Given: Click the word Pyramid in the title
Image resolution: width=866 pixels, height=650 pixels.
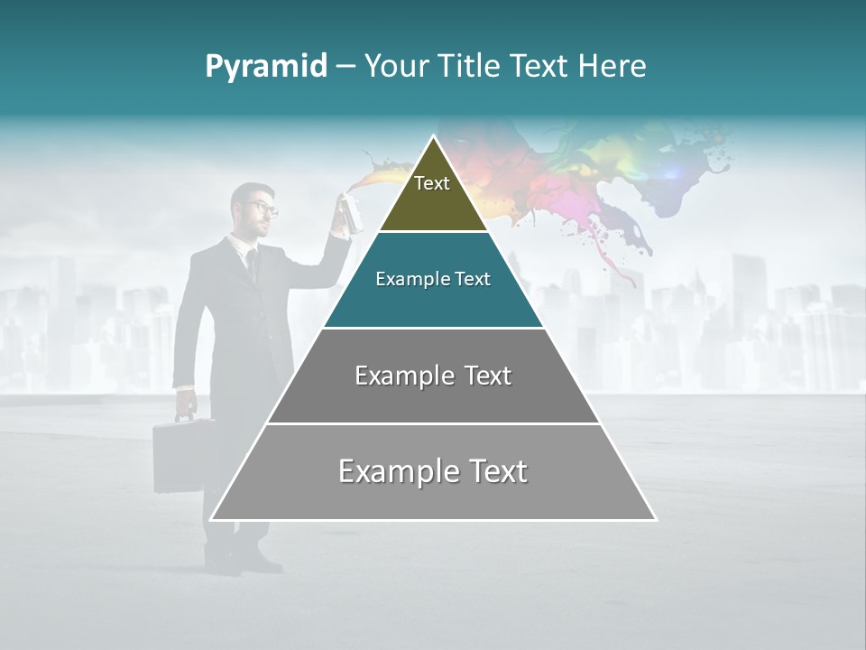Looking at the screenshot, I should click(265, 67).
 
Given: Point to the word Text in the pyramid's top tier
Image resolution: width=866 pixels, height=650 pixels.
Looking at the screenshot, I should click(432, 183).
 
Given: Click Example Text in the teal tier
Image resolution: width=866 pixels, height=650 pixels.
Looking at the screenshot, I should click(433, 279).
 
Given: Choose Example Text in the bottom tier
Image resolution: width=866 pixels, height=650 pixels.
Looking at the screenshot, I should click(433, 471).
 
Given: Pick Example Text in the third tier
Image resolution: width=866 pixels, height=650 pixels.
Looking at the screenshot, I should click(433, 376).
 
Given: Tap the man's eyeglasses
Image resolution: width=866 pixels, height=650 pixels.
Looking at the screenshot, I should click(264, 209).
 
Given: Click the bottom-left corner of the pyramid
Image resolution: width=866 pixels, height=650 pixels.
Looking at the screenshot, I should click(211, 520).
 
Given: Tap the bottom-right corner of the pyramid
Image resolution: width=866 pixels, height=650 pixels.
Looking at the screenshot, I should click(656, 520).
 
